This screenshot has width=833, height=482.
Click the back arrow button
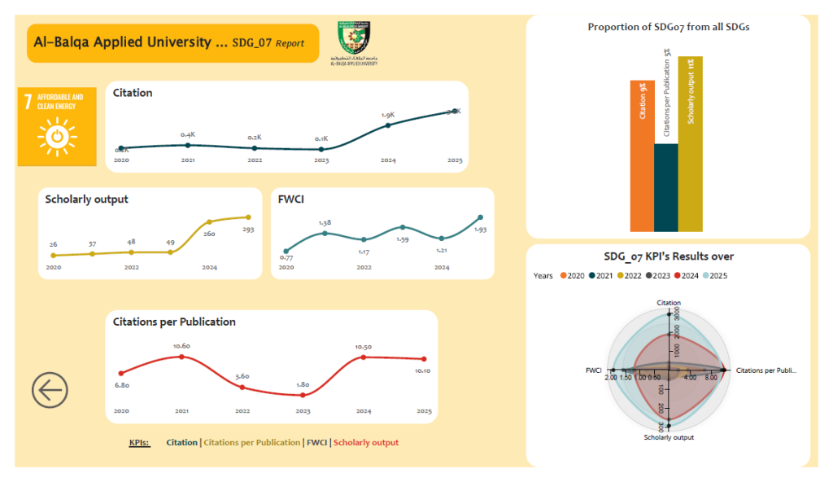pos(50,391)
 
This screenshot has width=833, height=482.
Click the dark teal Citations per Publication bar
pos(665,187)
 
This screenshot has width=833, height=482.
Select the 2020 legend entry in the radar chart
pos(571,276)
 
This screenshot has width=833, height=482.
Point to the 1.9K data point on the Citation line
pos(388,125)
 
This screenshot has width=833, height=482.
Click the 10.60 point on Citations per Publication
pos(181,357)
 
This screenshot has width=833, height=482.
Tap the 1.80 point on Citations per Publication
pos(303,395)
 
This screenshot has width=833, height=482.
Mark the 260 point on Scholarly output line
pos(210,221)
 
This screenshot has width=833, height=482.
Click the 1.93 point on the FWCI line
pos(480,217)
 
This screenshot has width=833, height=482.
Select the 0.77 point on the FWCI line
pos(286,252)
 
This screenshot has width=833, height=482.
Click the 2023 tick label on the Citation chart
pos(321,161)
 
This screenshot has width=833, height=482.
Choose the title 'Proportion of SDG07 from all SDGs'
pos(668,28)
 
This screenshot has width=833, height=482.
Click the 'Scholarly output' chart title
pos(87,199)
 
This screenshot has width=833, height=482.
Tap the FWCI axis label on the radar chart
pos(593,370)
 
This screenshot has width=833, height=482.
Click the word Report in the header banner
pos(290,43)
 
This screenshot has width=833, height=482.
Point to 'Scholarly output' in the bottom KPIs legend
pos(366,443)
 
